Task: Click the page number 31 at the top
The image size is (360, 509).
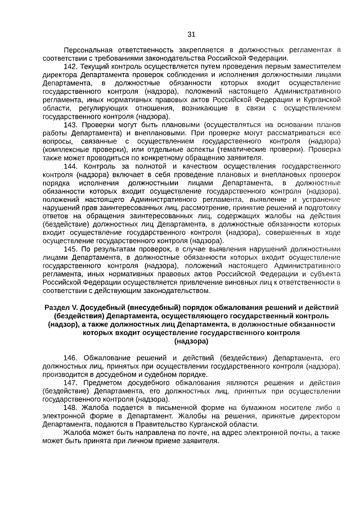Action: (191, 34)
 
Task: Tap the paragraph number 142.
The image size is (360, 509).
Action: (70, 66)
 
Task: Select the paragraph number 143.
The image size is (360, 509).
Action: (70, 124)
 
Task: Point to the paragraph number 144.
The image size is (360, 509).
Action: (70, 166)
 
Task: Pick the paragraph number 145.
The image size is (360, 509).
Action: (70, 249)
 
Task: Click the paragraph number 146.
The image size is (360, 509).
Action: (71, 358)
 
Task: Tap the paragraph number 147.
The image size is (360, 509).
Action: (70, 382)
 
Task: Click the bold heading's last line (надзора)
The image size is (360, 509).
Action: (191, 341)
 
